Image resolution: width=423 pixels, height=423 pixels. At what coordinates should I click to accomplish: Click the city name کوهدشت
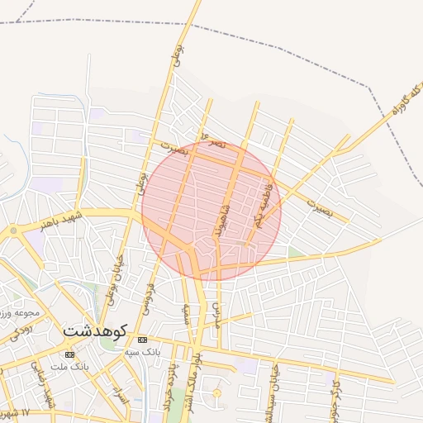(x=94, y=331)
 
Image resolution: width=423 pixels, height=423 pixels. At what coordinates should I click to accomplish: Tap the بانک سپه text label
(x=141, y=352)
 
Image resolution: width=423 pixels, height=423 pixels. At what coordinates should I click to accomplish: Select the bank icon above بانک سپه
(x=142, y=340)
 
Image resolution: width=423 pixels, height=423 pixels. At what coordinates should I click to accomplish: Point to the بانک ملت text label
(x=69, y=366)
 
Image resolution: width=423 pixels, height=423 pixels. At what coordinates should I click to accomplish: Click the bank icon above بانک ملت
(x=69, y=354)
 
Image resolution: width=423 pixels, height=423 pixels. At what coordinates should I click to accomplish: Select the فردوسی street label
(x=150, y=297)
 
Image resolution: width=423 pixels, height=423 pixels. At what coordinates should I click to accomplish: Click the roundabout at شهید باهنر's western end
(x=14, y=231)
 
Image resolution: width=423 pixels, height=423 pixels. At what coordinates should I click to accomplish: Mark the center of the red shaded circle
(x=211, y=211)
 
